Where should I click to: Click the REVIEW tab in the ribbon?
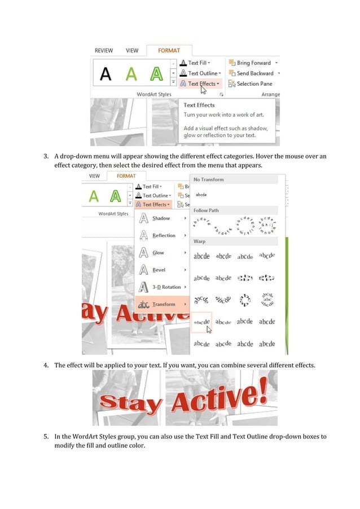tap(104, 51)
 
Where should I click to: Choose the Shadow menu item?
tap(161, 218)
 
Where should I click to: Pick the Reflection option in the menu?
tap(164, 235)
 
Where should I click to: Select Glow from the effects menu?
tap(159, 253)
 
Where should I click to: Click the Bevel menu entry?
tap(159, 270)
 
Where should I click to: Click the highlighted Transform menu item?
tap(163, 304)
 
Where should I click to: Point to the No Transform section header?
tap(208, 179)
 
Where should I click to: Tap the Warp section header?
tap(200, 241)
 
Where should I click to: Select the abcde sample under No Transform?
tap(201, 194)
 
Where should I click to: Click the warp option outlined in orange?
tap(201, 322)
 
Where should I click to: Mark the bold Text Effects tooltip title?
tap(199, 105)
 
